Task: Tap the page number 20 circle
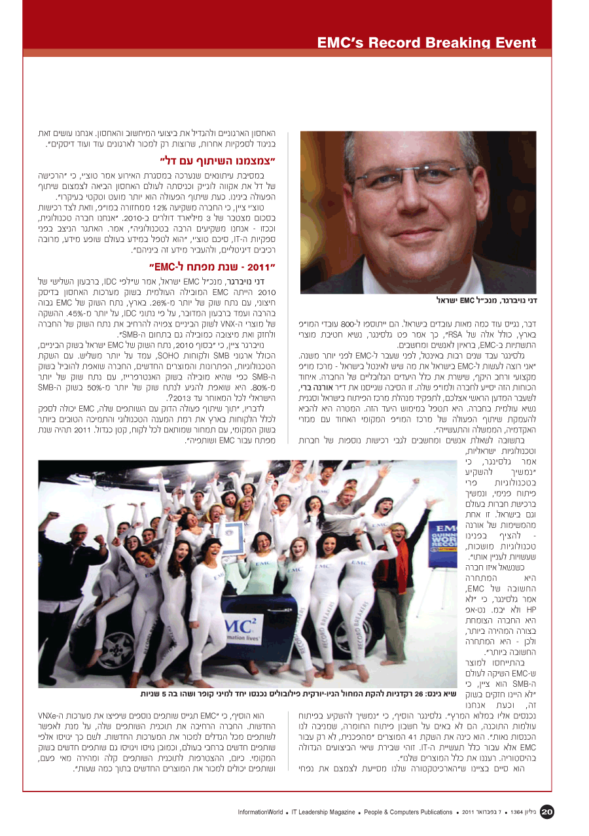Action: (547, 812)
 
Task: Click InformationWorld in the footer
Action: (260, 812)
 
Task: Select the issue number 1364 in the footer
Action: (517, 812)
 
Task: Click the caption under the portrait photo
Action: (490, 300)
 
